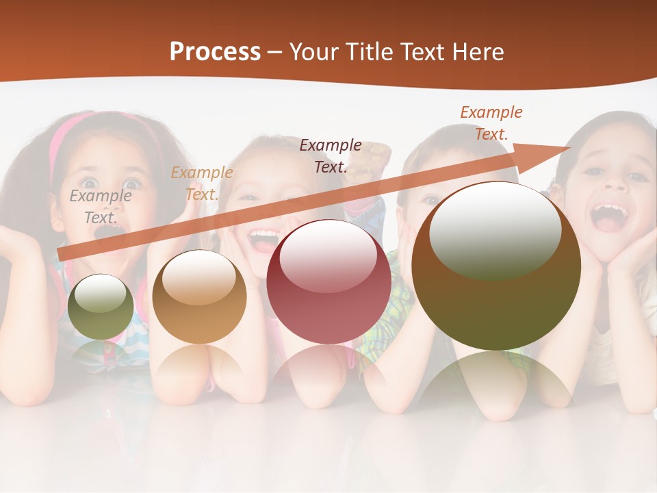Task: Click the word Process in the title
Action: (215, 52)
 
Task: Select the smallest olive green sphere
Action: (101, 307)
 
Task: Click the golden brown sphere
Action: (199, 297)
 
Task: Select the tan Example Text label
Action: (201, 184)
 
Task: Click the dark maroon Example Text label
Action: (331, 155)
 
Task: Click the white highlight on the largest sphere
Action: (494, 230)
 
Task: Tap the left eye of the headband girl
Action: (89, 184)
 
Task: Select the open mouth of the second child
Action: (263, 240)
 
